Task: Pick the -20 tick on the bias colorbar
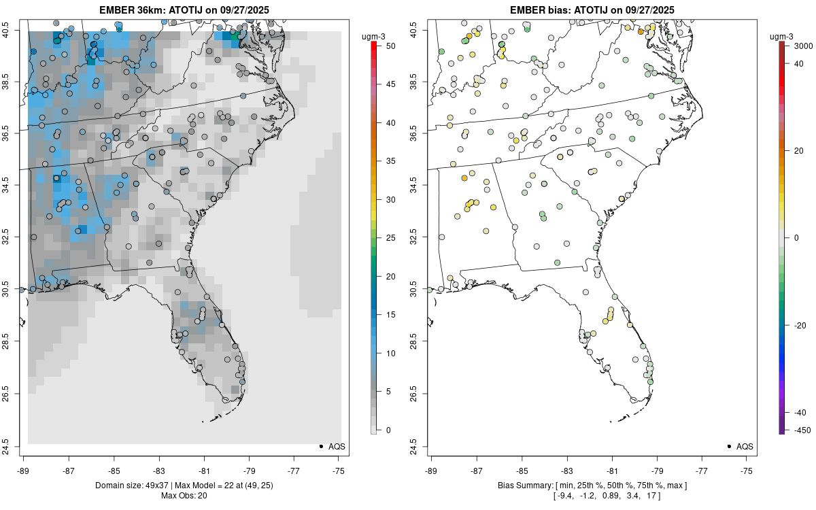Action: pos(796,325)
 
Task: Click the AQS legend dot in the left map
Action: pos(320,446)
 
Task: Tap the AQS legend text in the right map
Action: pos(745,447)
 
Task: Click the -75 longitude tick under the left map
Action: pos(339,470)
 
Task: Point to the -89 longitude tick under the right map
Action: pos(432,470)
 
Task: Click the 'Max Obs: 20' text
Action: pos(184,496)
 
